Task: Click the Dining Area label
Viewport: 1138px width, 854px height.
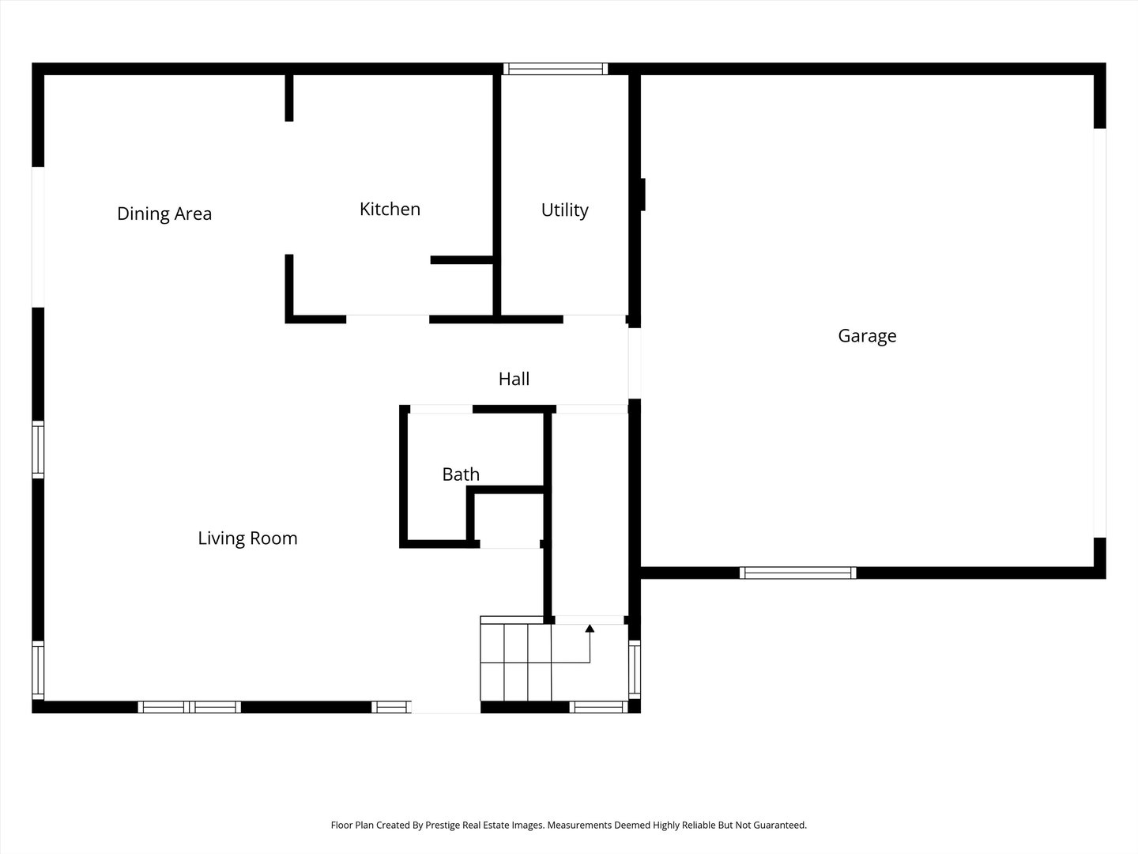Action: coord(164,213)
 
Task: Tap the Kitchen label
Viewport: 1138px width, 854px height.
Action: coord(390,209)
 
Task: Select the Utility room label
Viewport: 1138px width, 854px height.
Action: coord(564,210)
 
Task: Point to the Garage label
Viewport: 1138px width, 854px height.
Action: coord(868,336)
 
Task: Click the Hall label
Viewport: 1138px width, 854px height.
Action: coord(514,379)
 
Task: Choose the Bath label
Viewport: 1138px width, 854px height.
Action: coord(461,474)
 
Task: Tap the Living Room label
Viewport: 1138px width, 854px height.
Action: coord(248,538)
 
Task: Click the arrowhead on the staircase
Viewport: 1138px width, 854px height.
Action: coord(590,629)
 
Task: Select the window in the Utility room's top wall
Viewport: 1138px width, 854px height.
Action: coord(556,69)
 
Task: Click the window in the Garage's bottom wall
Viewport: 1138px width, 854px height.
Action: coord(797,573)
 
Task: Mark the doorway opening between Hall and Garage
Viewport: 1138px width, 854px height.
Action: coord(635,364)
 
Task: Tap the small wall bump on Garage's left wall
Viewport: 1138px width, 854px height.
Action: coord(642,195)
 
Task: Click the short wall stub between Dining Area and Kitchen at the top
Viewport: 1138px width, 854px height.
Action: coord(289,98)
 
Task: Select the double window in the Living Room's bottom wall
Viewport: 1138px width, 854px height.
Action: coord(189,707)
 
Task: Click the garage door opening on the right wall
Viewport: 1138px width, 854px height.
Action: coord(1099,333)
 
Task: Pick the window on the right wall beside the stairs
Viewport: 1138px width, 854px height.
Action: coord(635,670)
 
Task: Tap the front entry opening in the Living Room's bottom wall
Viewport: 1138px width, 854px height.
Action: coord(446,707)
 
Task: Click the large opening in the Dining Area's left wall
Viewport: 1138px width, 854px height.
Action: coord(38,237)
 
